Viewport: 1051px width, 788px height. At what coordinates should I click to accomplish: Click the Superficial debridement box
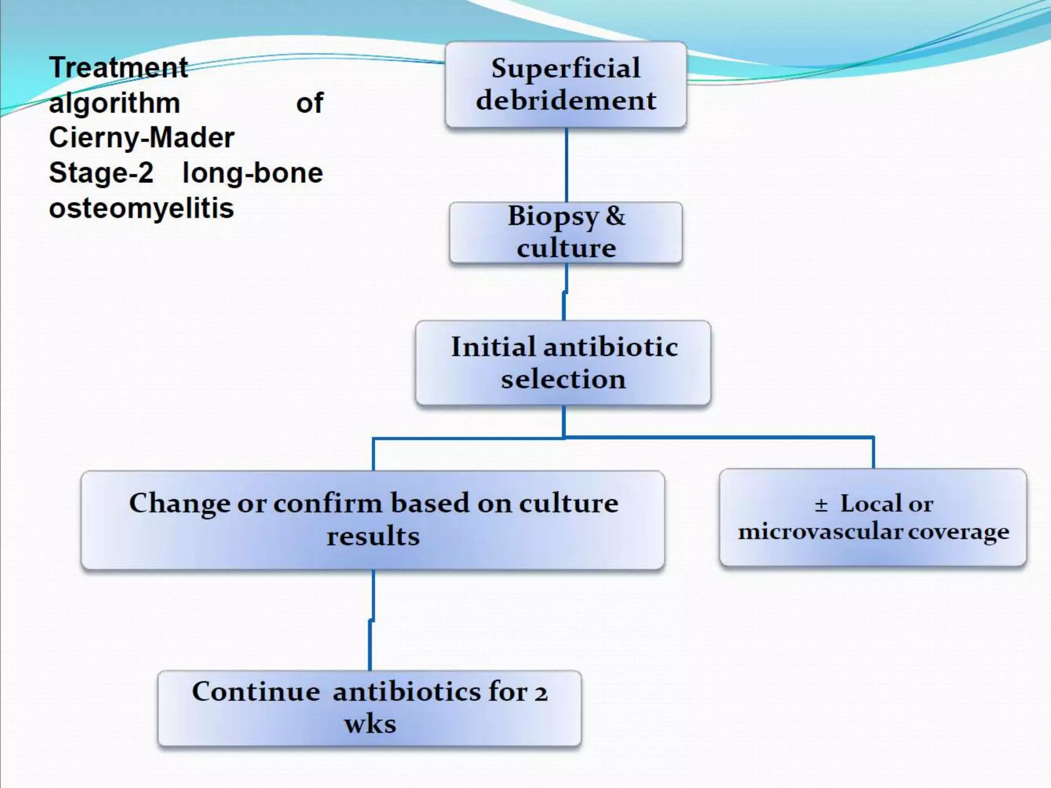[566, 85]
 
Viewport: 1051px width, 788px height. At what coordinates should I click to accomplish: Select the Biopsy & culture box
[566, 232]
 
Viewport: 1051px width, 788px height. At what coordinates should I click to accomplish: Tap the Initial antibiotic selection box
[563, 363]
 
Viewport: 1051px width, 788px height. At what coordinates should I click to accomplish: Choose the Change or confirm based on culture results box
[373, 520]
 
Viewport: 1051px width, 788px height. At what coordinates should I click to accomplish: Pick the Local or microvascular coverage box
[873, 518]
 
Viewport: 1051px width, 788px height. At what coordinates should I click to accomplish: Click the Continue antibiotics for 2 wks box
[369, 708]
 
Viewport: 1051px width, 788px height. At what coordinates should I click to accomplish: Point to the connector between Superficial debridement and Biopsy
[566, 165]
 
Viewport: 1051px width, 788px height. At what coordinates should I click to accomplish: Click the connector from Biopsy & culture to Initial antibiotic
[565, 292]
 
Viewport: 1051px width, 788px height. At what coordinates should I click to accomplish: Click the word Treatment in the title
[119, 67]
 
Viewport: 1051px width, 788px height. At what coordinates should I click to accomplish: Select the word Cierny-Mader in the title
[142, 137]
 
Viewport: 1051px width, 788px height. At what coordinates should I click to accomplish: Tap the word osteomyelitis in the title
[142, 208]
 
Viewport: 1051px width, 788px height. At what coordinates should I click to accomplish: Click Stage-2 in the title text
[101, 173]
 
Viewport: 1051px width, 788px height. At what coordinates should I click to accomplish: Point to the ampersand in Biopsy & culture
[615, 216]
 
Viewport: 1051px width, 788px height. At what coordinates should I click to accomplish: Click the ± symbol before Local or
[821, 505]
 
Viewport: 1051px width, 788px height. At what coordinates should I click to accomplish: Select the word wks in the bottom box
[370, 724]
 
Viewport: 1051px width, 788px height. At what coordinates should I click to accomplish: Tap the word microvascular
[820, 532]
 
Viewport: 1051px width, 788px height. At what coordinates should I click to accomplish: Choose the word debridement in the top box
[566, 101]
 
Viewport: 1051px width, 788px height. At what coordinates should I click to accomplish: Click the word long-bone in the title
[252, 173]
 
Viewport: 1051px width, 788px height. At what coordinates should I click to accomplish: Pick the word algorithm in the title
[114, 103]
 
